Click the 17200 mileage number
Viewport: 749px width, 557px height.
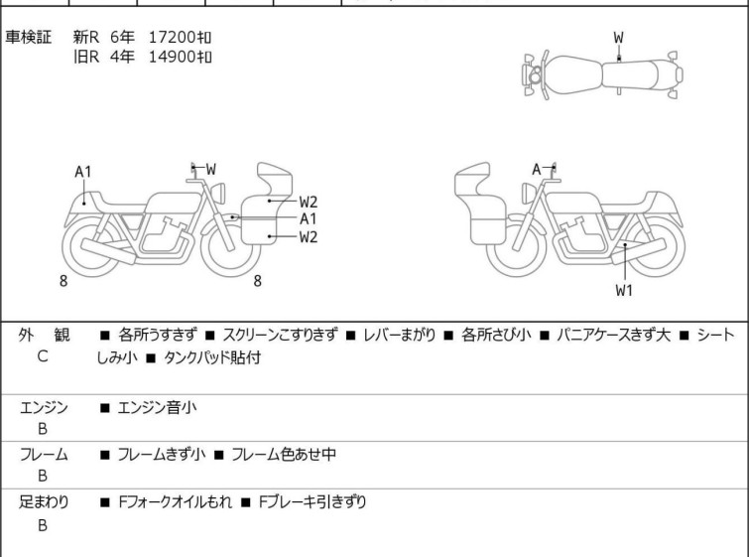coord(172,37)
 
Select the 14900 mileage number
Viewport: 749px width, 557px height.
coord(172,57)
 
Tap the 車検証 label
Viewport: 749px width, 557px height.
coord(28,37)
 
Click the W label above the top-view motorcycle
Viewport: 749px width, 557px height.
coord(619,38)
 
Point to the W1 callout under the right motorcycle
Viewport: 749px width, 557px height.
coord(624,290)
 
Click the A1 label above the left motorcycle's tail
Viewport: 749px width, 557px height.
coord(82,172)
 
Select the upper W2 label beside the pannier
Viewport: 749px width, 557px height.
coord(309,202)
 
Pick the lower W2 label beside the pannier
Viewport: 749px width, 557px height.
coord(309,237)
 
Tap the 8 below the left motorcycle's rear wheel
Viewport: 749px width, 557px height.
coord(63,281)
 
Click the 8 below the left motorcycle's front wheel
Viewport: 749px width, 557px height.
coord(258,281)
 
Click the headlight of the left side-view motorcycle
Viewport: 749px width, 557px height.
coord(218,193)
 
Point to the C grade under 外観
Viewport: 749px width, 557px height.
coord(43,356)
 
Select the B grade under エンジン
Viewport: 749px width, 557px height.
coord(43,429)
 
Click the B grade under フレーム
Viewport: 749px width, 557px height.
coord(43,476)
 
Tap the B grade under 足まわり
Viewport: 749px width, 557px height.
coord(43,525)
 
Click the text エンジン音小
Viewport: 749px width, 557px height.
coord(157,408)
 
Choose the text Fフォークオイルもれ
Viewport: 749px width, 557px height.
coord(176,502)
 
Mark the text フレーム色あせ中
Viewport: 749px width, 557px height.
coord(284,454)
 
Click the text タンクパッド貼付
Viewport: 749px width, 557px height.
coord(212,357)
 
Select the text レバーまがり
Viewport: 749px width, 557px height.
coord(400,335)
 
